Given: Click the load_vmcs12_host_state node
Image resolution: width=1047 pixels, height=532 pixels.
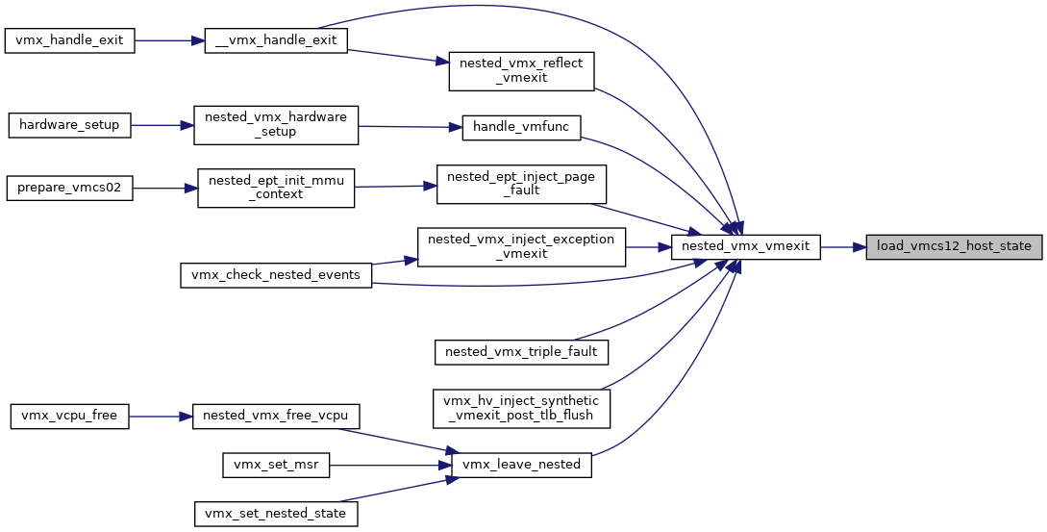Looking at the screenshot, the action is click(x=954, y=246).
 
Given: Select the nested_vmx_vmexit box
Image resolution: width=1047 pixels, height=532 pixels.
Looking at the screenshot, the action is click(x=745, y=246).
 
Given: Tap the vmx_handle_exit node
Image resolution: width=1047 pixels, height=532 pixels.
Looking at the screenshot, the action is click(x=69, y=40).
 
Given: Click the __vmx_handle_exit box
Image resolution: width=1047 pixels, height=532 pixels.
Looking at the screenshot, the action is click(x=276, y=40).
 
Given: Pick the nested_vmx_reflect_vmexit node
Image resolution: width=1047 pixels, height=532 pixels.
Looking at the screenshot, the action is click(x=521, y=71).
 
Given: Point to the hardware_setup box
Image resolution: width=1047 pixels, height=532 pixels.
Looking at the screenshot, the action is click(x=69, y=125).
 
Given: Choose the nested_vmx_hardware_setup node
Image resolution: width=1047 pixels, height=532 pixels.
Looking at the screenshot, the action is click(x=276, y=124).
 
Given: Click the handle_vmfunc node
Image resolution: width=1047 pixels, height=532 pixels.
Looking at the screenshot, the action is click(x=521, y=128).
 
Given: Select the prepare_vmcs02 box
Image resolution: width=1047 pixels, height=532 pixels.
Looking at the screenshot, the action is click(x=69, y=188).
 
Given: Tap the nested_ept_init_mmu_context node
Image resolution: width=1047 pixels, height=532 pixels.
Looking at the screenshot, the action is click(x=276, y=188).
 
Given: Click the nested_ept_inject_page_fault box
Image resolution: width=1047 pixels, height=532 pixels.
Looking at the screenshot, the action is click(x=521, y=184).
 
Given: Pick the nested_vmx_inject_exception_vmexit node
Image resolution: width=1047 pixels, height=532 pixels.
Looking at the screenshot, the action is click(x=521, y=247).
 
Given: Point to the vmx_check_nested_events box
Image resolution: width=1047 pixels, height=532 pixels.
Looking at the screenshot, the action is click(x=276, y=275).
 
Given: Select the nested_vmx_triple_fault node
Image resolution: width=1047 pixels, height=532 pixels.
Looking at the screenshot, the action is click(x=521, y=351).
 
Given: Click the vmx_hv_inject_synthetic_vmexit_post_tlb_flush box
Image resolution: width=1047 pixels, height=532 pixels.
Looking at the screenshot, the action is click(x=521, y=408).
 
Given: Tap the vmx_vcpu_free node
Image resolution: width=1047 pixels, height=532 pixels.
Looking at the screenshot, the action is click(x=69, y=416).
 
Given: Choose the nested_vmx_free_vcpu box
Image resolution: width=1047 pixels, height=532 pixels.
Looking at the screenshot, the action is click(x=276, y=416).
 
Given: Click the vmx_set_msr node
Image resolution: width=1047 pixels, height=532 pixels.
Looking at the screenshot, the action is click(x=276, y=466).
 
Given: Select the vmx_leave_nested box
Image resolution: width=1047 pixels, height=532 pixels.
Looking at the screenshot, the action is click(x=521, y=465).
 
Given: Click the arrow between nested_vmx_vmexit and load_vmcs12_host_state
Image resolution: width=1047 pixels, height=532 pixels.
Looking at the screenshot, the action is click(x=843, y=247).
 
